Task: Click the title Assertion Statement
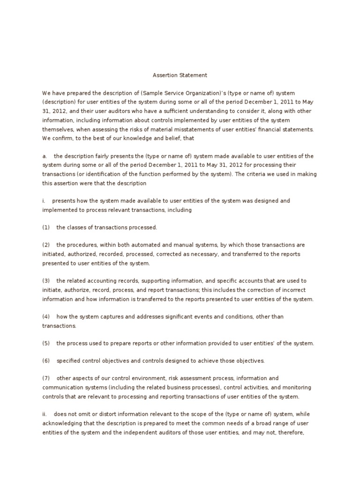pos(180,75)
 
